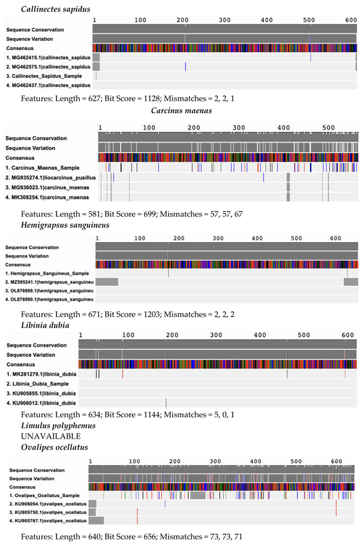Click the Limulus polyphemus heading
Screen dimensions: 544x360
[x=59, y=425]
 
